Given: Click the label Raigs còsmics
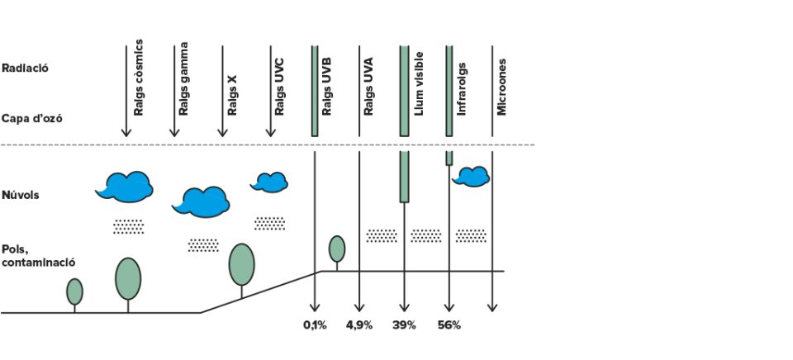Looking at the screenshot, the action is [x=139, y=78].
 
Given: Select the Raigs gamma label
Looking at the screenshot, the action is [x=183, y=78].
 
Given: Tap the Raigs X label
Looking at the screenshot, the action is [x=232, y=95].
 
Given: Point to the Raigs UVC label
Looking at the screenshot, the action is [x=279, y=87].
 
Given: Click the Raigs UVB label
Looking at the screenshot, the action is [x=326, y=87].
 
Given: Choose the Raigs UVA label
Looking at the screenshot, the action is [x=368, y=87].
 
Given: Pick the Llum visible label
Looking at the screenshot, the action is [x=419, y=83].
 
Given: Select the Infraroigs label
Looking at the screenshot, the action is [x=461, y=89].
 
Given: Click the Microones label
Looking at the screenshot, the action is [x=501, y=87].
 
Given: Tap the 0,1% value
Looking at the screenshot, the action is [x=315, y=325].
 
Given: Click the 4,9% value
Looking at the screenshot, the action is [x=359, y=325].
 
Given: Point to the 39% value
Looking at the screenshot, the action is [x=404, y=325].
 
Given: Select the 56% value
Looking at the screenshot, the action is [x=449, y=325].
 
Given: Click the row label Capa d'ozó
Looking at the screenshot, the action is [x=32, y=120].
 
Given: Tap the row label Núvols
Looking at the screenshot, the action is [x=20, y=195].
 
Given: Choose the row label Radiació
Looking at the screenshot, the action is [x=26, y=69].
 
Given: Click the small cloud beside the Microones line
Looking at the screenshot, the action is [x=472, y=177].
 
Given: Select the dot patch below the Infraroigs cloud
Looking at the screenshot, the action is [x=471, y=235].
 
